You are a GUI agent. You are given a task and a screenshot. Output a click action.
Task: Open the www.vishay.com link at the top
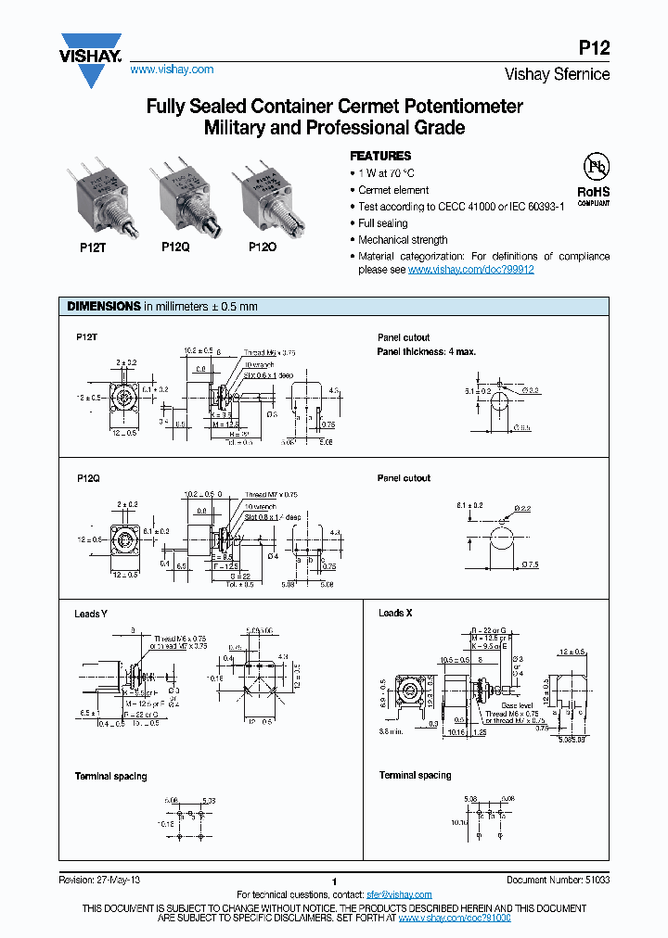pyautogui.click(x=172, y=70)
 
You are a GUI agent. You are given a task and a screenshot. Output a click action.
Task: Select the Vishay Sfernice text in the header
pyautogui.click(x=557, y=74)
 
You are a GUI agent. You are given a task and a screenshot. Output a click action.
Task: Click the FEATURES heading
pyautogui.click(x=380, y=156)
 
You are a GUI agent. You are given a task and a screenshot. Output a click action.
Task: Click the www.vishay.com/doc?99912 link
pyautogui.click(x=470, y=269)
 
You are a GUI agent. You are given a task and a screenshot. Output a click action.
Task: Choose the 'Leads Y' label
pyautogui.click(x=91, y=614)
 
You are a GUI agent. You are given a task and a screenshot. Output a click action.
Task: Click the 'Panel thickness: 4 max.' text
pyautogui.click(x=426, y=352)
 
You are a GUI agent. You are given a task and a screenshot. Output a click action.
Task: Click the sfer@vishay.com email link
pyautogui.click(x=399, y=894)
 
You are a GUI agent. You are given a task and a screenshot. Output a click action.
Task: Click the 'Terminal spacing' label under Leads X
pyautogui.click(x=415, y=775)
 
